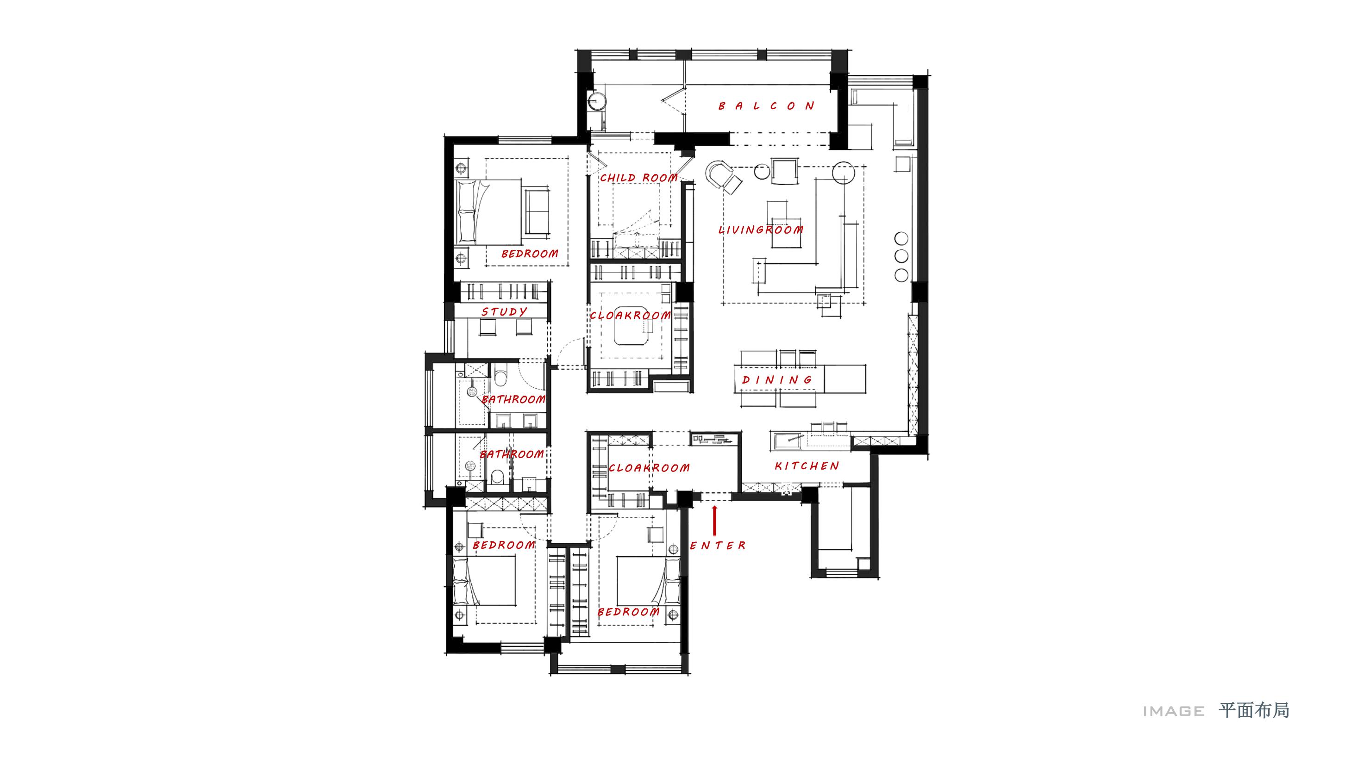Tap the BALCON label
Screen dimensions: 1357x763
(767, 106)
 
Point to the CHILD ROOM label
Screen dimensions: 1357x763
(639, 178)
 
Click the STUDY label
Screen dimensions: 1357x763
(504, 312)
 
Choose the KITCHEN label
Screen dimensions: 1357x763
(807, 465)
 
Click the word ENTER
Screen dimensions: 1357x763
(718, 546)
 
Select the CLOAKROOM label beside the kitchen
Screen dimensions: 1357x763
(649, 468)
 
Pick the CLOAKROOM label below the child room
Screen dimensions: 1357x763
(631, 316)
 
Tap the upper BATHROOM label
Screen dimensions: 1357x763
(513, 399)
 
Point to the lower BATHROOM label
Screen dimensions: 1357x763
(512, 454)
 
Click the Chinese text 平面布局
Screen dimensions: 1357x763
(1254, 711)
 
